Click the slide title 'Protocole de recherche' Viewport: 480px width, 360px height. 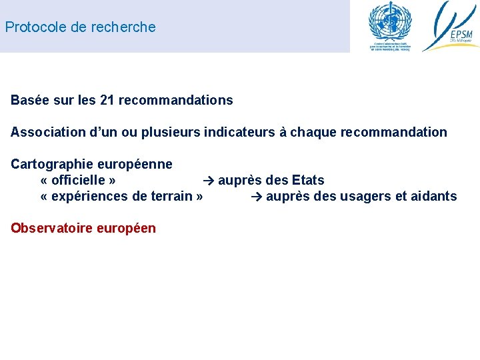click(80, 27)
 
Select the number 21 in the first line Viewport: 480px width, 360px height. click(107, 101)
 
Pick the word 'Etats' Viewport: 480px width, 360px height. click(308, 180)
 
